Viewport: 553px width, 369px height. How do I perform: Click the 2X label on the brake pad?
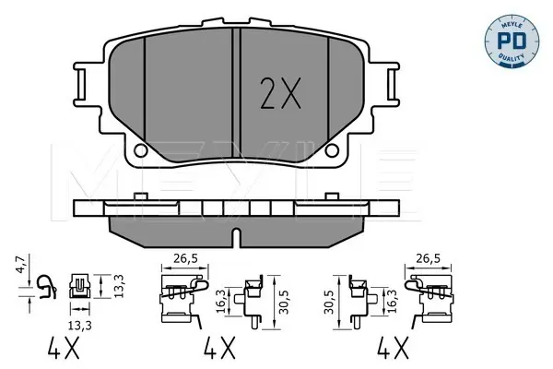click(280, 93)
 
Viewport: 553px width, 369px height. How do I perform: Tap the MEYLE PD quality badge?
click(512, 42)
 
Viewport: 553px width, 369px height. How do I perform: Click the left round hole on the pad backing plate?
click(140, 150)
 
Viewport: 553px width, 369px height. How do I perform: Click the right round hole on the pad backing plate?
click(332, 150)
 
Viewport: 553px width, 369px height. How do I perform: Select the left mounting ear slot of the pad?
click(81, 84)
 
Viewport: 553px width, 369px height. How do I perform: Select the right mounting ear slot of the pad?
click(392, 84)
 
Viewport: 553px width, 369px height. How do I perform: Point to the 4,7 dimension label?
click(21, 264)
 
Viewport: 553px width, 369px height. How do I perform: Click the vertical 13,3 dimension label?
click(119, 286)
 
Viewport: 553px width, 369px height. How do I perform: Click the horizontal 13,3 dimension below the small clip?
click(80, 325)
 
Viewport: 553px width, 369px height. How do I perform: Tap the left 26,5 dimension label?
click(185, 259)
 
